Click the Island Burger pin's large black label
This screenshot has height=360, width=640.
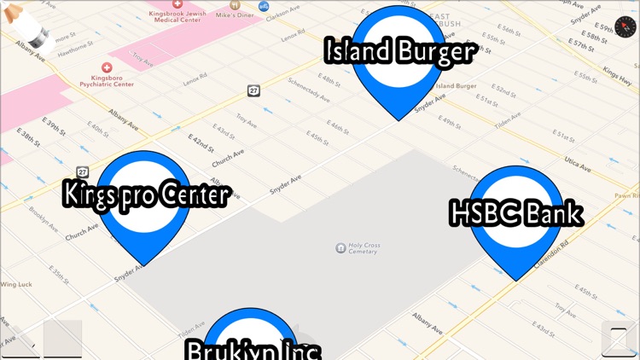point(399,52)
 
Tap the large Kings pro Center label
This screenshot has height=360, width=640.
point(146,195)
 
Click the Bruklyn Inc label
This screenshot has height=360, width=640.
point(253,350)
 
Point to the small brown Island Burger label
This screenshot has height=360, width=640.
point(455,85)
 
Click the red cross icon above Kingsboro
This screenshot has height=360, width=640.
point(107,67)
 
